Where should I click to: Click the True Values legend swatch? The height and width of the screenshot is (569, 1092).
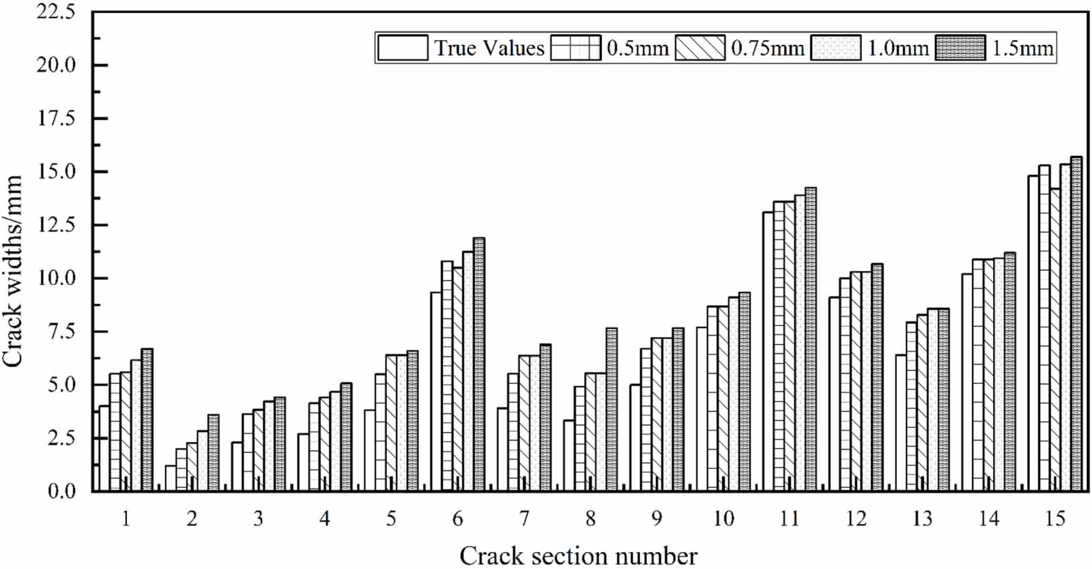point(402,48)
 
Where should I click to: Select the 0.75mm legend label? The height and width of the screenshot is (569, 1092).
point(767,48)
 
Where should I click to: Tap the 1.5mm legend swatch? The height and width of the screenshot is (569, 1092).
point(960,48)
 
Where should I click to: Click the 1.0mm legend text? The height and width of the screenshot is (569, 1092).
point(897,48)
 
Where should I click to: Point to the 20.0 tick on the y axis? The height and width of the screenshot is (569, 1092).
point(57,65)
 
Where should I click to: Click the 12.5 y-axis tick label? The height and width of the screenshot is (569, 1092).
point(57,225)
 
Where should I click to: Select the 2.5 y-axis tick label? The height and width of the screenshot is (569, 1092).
point(61,438)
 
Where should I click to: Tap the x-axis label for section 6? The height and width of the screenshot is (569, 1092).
point(457,520)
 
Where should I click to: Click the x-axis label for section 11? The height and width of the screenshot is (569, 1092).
point(789,520)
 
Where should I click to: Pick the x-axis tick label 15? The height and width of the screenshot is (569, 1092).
point(1054,520)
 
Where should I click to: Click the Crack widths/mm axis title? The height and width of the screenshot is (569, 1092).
point(14,271)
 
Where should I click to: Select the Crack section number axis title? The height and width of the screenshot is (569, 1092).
point(578,555)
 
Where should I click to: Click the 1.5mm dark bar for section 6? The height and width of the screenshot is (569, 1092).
point(478,365)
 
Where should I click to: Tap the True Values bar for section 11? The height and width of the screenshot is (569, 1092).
point(768,351)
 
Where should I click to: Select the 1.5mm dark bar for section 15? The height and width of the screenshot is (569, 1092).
point(1076,324)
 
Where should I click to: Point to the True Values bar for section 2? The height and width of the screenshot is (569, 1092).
point(170,478)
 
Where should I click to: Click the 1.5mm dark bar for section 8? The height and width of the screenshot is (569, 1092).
point(612,409)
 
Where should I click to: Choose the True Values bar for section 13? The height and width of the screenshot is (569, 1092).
point(900,423)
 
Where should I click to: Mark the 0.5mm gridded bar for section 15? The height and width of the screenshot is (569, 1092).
point(1044,327)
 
